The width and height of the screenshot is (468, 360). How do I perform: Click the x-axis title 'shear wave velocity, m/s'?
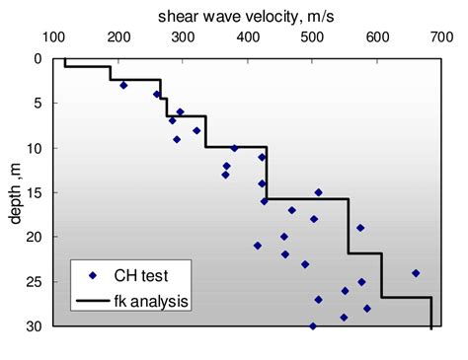247,16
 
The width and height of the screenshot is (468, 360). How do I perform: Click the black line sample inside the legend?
92,298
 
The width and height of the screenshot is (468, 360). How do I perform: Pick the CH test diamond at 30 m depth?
313,325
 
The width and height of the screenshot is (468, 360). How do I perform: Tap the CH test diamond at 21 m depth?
258,246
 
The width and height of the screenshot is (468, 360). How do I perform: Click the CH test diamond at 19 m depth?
360,228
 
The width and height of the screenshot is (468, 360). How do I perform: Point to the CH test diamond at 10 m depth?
234,148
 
